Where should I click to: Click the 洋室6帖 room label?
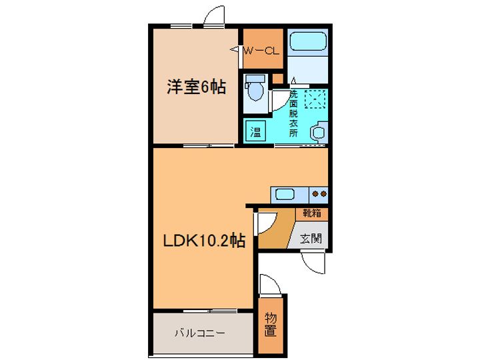(195, 87)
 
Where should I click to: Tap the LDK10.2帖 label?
(204, 241)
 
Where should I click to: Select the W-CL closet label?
(261, 50)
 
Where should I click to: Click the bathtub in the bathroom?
(308, 43)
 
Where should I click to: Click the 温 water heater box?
(255, 131)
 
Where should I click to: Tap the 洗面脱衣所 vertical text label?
(293, 113)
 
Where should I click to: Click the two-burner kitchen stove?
(319, 195)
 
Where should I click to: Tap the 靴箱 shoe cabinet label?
(311, 214)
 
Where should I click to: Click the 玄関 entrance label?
(308, 237)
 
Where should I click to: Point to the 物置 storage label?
(270, 324)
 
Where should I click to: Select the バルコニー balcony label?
(200, 332)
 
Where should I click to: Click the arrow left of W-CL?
(236, 49)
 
